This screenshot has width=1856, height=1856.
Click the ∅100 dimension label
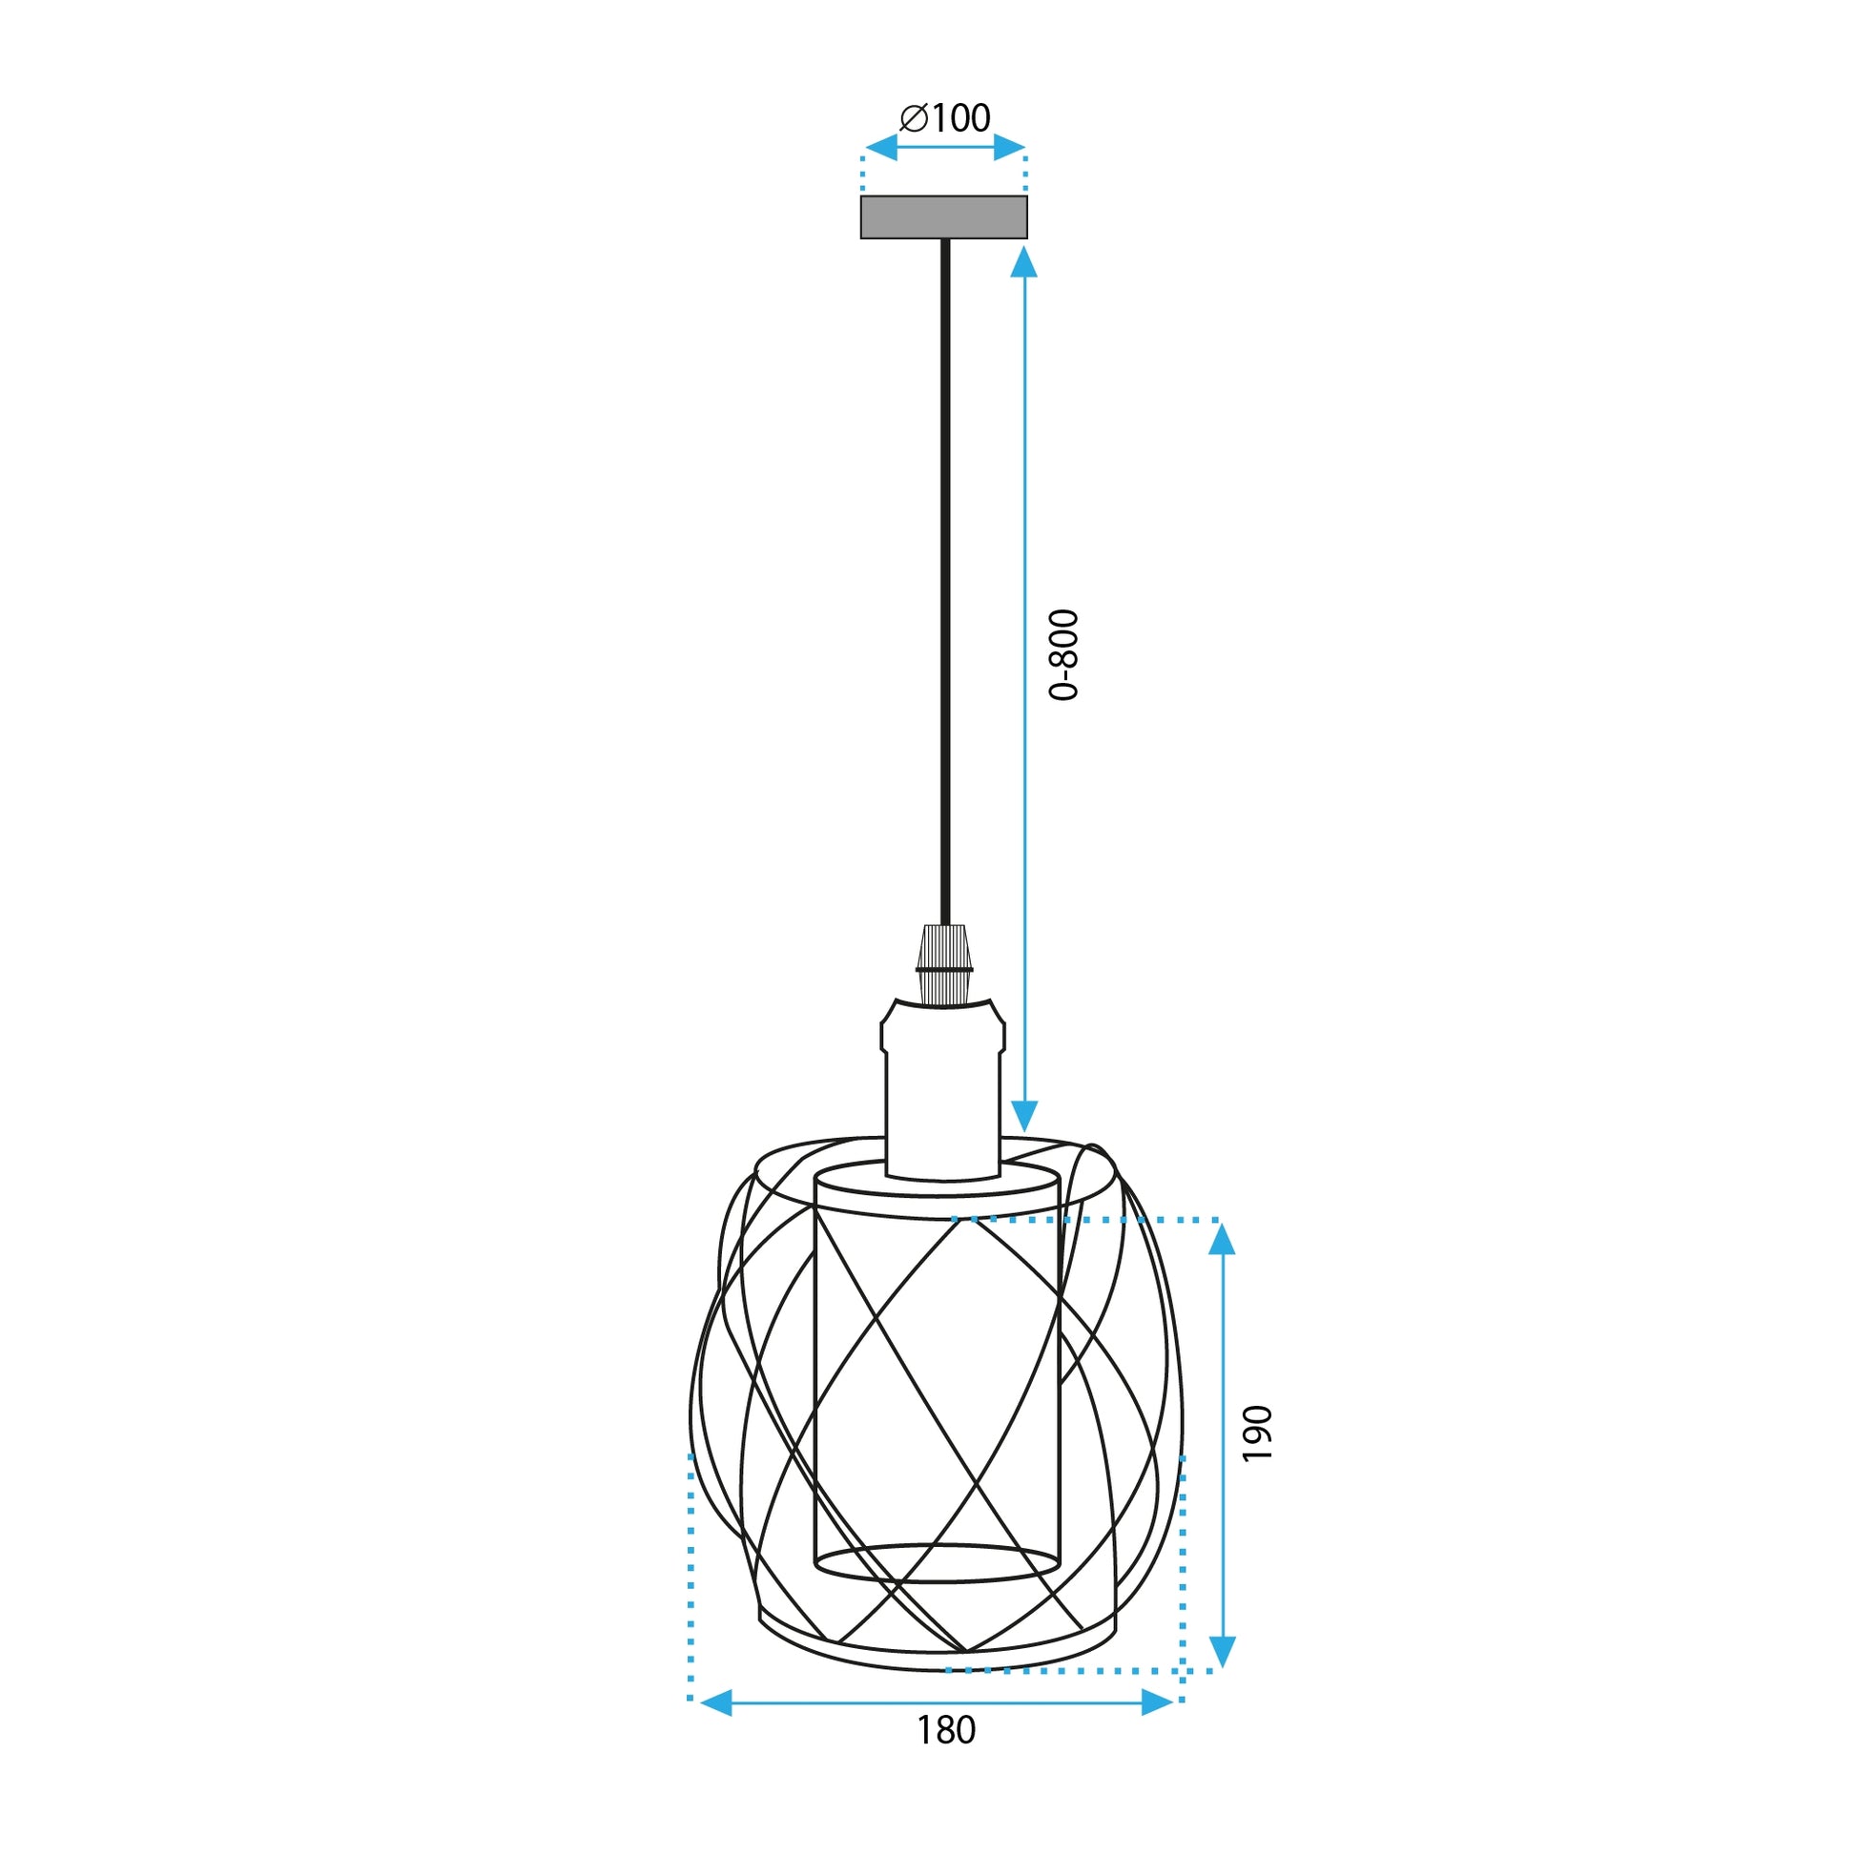[x=945, y=118]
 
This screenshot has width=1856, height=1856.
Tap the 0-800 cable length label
[x=1064, y=655]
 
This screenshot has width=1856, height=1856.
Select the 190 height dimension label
[x=1257, y=1433]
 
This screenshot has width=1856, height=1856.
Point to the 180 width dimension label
[x=946, y=1757]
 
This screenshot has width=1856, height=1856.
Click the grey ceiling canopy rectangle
[x=943, y=217]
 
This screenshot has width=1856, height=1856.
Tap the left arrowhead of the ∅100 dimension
[x=880, y=148]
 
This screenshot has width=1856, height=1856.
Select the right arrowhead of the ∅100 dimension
[x=1010, y=148]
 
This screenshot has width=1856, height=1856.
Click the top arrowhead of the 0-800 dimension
[x=1024, y=262]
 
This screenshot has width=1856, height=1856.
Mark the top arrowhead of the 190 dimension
[x=1221, y=1240]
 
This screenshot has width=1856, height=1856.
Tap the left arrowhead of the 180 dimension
[x=715, y=1703]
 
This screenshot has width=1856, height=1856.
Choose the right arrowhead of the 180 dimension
[x=1158, y=1703]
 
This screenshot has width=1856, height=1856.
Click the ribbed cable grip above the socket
[x=943, y=962]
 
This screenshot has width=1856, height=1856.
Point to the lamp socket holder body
[x=943, y=1085]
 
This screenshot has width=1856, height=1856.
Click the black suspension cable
[x=944, y=576]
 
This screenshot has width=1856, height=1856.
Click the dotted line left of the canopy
[x=863, y=173]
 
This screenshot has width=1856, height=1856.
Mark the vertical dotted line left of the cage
[x=691, y=1576]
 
